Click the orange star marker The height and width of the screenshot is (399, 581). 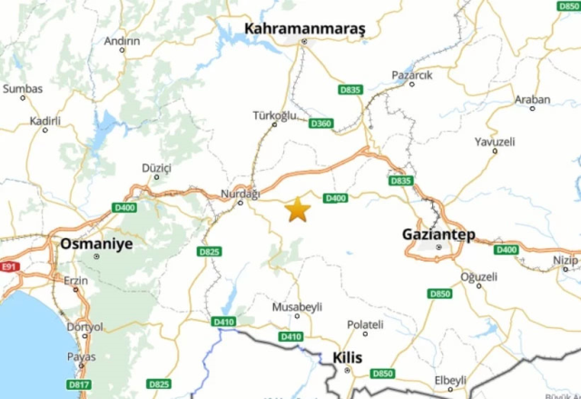pos(298,210)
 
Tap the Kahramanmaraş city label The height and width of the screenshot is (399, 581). pos(304,29)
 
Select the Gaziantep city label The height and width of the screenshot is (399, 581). pos(438,234)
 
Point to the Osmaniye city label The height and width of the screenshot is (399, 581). pos(95,244)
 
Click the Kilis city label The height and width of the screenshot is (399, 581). pos(348,357)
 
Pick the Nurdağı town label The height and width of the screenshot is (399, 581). pos(241,193)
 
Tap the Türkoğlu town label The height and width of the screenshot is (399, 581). pos(275,115)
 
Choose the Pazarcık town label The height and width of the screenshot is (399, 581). pos(412,74)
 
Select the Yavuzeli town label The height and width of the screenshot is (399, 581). pos(495,142)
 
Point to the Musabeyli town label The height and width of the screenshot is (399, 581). pos(296,305)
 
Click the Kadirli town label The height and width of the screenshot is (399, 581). pos(44,120)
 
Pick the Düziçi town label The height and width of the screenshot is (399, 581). pos(156,167)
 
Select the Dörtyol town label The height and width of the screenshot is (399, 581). pos(85,326)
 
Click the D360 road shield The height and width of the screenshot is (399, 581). pos(320,123)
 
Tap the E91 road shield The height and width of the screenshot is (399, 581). pos(10,266)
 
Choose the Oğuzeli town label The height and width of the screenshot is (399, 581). pos(479,275)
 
